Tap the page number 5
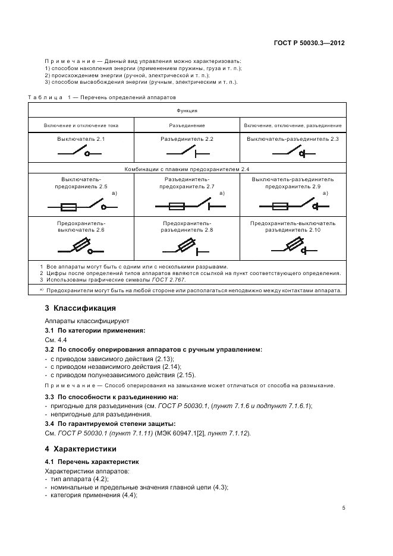click(x=344, y=508)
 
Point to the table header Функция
click(x=187, y=110)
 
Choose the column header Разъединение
click(x=187, y=126)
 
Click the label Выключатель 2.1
click(x=81, y=139)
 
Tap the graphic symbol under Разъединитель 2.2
click(x=187, y=153)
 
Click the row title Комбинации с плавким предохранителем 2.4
click(x=187, y=169)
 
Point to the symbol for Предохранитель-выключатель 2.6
click(x=81, y=246)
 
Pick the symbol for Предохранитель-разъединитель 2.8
click(x=187, y=246)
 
